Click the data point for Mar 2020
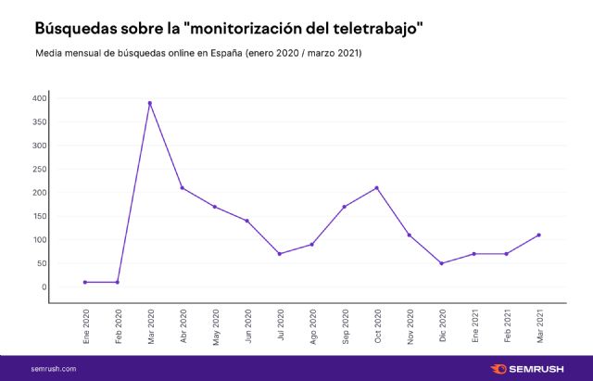(150, 103)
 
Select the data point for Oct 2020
(377, 188)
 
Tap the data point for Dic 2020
(442, 263)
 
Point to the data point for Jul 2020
(280, 254)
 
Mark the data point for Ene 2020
(85, 282)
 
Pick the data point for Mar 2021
(538, 235)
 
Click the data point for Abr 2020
(183, 188)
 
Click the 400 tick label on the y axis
(39, 98)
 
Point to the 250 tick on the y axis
(39, 169)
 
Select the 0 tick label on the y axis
(44, 287)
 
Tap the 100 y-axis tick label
(39, 240)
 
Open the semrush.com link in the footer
(54, 369)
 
